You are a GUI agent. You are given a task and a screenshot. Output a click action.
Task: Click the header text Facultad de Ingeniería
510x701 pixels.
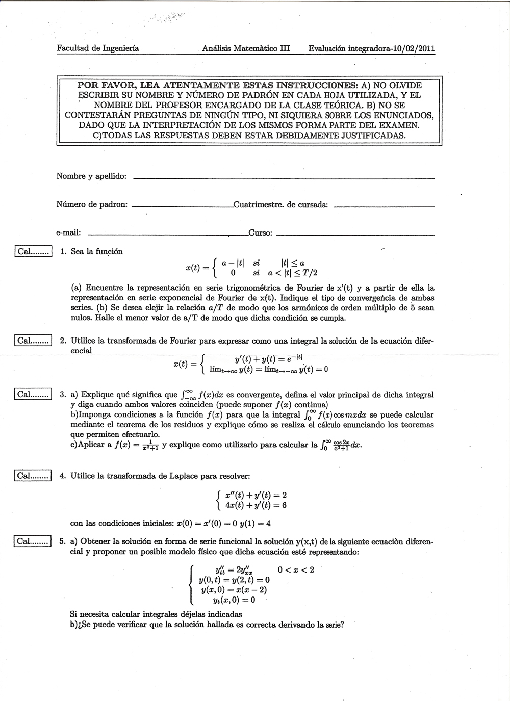point(98,48)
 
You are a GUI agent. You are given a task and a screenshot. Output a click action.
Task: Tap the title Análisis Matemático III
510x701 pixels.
point(246,48)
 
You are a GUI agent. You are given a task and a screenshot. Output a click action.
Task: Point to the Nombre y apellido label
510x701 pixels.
point(91,176)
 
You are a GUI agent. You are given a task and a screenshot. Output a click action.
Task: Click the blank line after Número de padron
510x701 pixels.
point(182,206)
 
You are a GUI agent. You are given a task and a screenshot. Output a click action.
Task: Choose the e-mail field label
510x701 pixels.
point(68,233)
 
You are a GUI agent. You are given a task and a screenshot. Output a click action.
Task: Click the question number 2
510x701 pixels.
point(62,341)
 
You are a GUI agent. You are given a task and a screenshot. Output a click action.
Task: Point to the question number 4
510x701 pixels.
point(62,476)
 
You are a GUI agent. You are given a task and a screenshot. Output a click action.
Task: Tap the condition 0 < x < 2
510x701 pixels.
point(296,569)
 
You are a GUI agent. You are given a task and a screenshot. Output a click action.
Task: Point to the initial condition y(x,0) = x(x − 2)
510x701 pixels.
point(234,590)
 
